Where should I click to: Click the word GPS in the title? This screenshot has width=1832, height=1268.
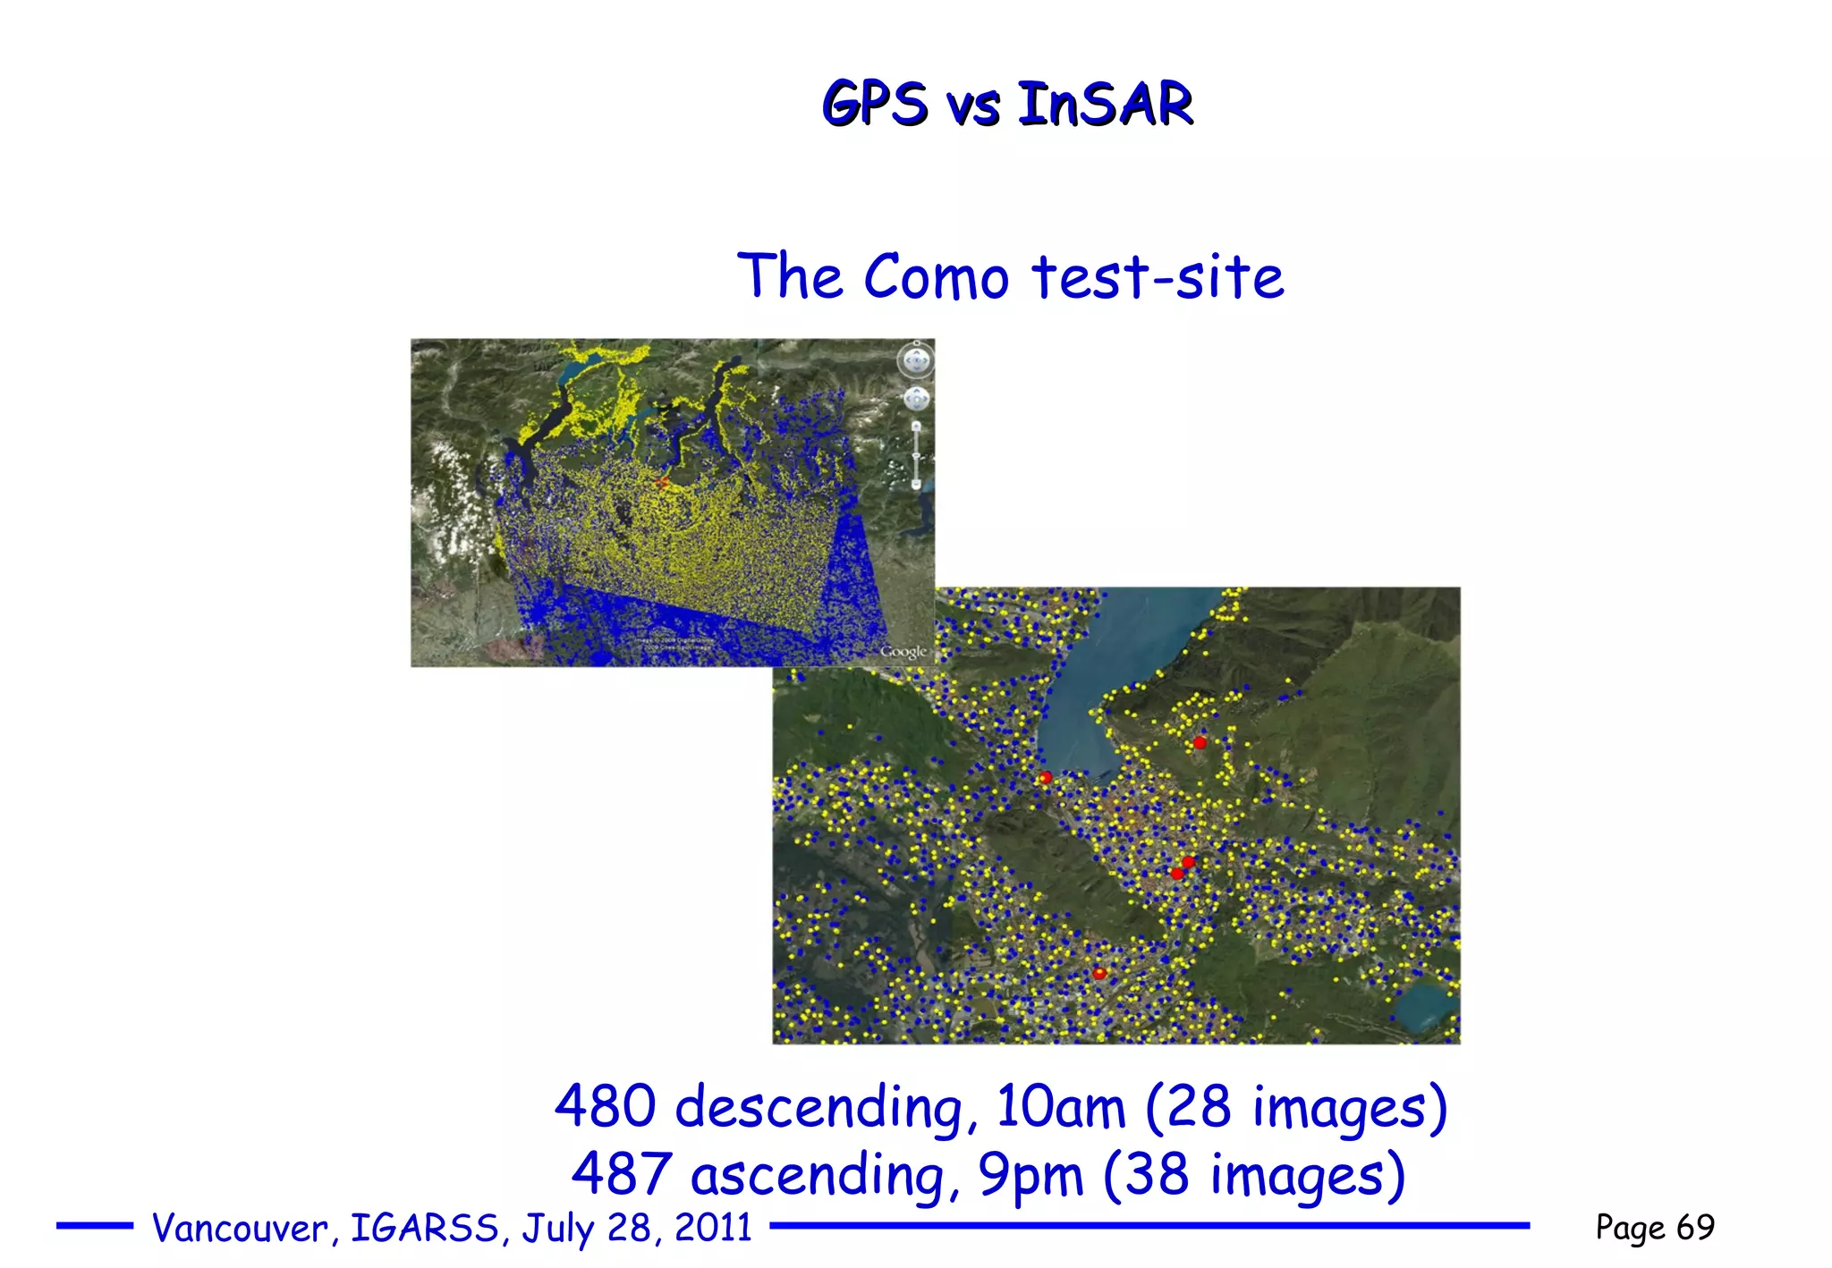pyautogui.click(x=874, y=104)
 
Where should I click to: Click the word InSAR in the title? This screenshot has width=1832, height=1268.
pyautogui.click(x=1105, y=104)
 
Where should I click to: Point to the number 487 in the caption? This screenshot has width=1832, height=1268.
pyautogui.click(x=622, y=1174)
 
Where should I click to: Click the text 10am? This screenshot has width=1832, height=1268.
pyautogui.click(x=1060, y=1107)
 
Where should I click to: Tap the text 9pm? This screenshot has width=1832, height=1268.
pyautogui.click(x=1030, y=1175)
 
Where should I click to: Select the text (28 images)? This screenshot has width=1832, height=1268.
pyautogui.click(x=1295, y=1107)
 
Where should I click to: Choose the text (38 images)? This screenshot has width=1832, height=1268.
pyautogui.click(x=1254, y=1175)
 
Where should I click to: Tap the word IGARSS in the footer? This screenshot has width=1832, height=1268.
pyautogui.click(x=424, y=1229)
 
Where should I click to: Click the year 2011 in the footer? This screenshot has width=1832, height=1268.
pyautogui.click(x=713, y=1228)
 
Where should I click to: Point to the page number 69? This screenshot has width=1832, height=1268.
pyautogui.click(x=1695, y=1227)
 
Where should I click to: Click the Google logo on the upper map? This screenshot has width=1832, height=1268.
pyautogui.click(x=903, y=652)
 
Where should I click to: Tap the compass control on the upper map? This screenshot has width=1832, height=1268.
pyautogui.click(x=915, y=361)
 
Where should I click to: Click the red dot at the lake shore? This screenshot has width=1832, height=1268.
pyautogui.click(x=1045, y=778)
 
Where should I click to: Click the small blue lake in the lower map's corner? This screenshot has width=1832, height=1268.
pyautogui.click(x=1427, y=1006)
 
